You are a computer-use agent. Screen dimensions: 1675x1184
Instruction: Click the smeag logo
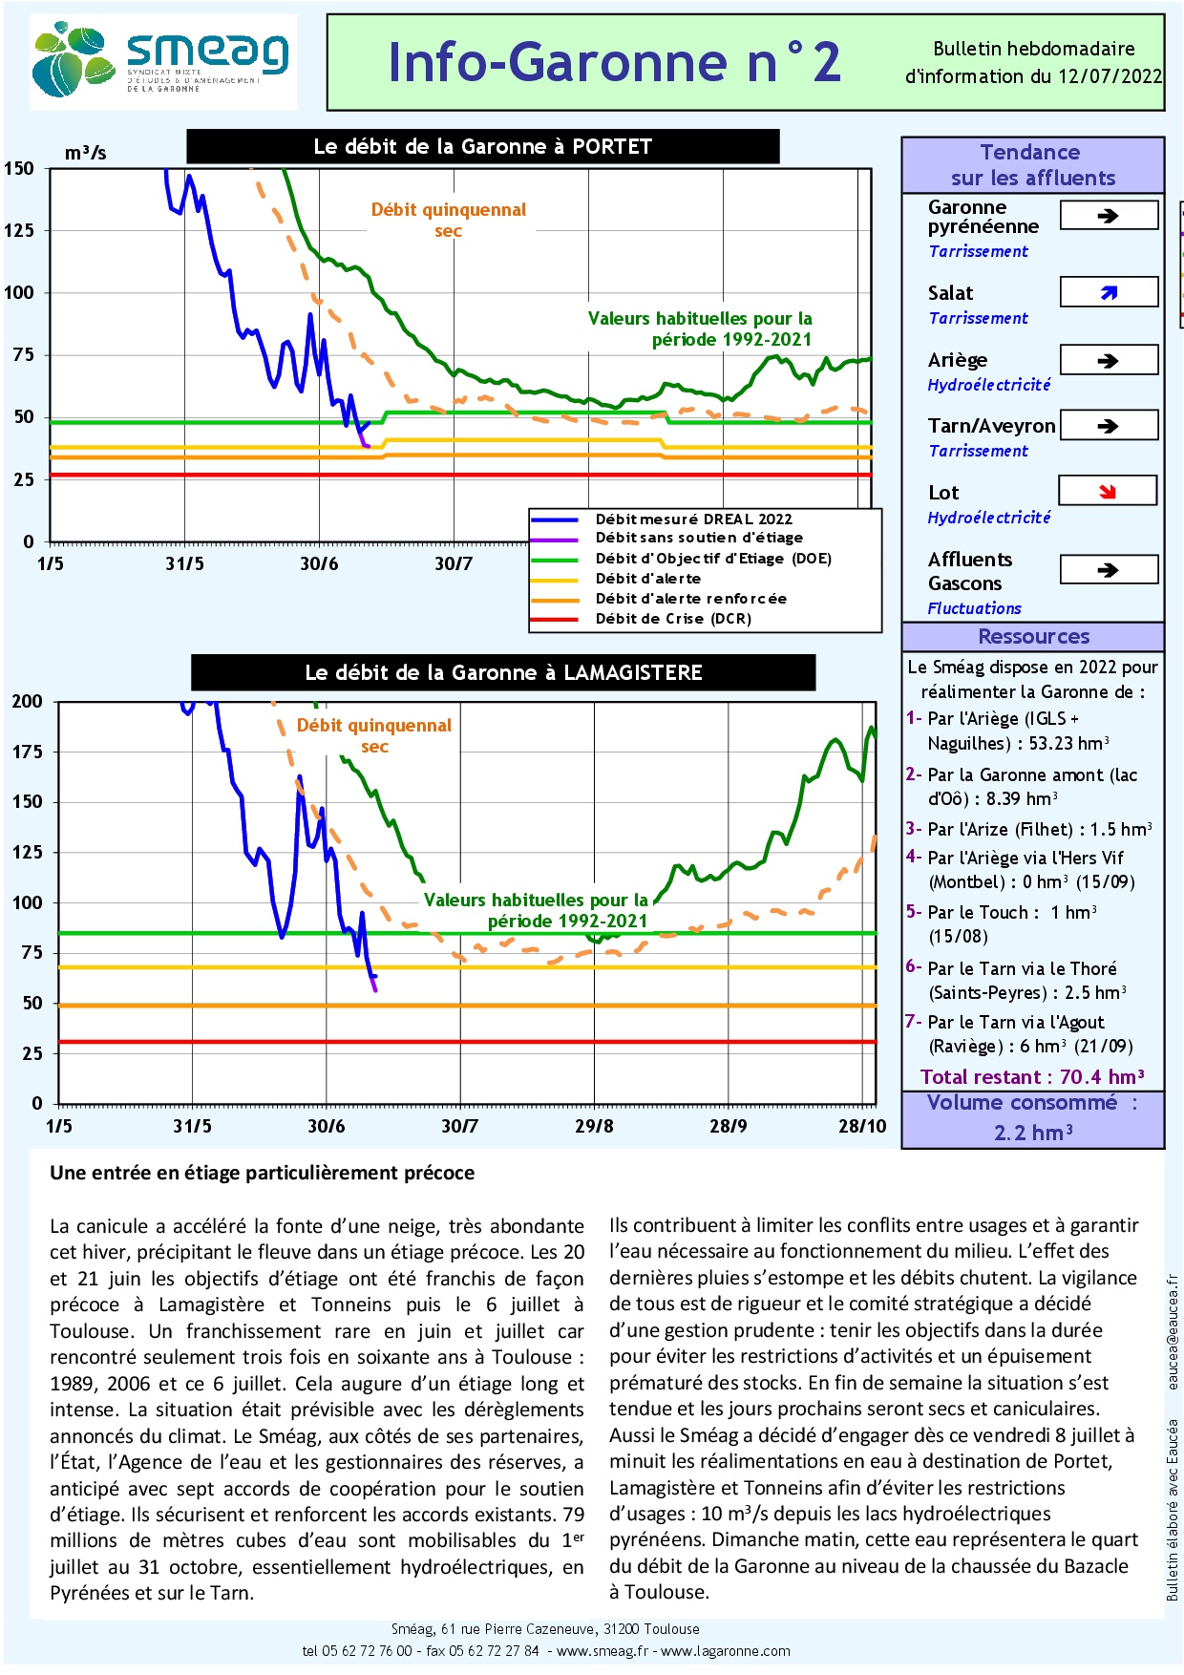click(x=162, y=61)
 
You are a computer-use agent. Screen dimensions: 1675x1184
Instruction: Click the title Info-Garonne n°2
click(x=614, y=62)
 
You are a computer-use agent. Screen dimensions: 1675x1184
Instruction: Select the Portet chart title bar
click(x=482, y=146)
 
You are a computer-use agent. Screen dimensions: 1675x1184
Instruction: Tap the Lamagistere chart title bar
click(x=503, y=672)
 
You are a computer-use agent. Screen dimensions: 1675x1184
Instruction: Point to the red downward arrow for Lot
click(x=1108, y=491)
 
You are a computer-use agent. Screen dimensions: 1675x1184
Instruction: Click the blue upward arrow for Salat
click(x=1109, y=292)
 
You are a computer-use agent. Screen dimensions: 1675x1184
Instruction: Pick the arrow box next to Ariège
click(x=1109, y=360)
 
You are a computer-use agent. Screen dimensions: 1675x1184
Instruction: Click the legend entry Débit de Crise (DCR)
click(x=673, y=619)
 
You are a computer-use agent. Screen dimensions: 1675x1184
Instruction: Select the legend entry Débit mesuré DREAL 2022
click(x=693, y=519)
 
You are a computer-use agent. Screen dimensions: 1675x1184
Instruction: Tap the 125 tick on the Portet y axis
click(x=19, y=230)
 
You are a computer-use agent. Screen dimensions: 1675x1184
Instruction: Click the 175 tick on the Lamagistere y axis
click(x=27, y=752)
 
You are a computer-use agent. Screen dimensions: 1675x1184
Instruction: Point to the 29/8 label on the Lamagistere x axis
click(x=594, y=1126)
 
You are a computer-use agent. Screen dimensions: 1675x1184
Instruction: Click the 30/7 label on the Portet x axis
click(x=454, y=563)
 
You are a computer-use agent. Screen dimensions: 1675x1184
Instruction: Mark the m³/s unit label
click(x=85, y=152)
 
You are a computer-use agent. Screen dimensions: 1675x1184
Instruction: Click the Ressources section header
click(x=1033, y=636)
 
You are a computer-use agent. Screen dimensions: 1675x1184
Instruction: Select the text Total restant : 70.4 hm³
click(x=1032, y=1077)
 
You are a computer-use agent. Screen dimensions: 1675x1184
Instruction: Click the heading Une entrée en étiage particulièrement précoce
click(x=262, y=1173)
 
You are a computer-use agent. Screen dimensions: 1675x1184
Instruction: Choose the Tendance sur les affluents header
click(x=1032, y=164)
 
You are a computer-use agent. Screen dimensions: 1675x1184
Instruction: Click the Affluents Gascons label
click(x=970, y=571)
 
